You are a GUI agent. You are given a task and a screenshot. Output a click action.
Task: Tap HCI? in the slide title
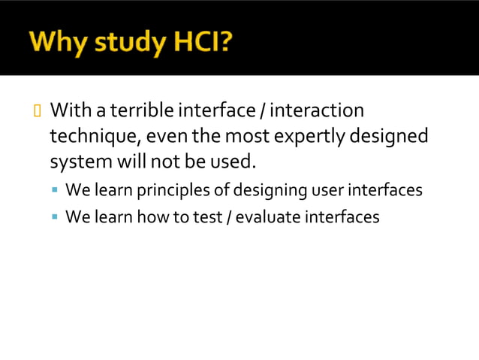click(x=203, y=43)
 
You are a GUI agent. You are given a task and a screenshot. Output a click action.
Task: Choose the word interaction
click(x=316, y=111)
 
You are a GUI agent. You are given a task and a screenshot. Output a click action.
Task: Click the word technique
click(x=94, y=137)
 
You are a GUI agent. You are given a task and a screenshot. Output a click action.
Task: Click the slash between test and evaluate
click(x=226, y=217)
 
